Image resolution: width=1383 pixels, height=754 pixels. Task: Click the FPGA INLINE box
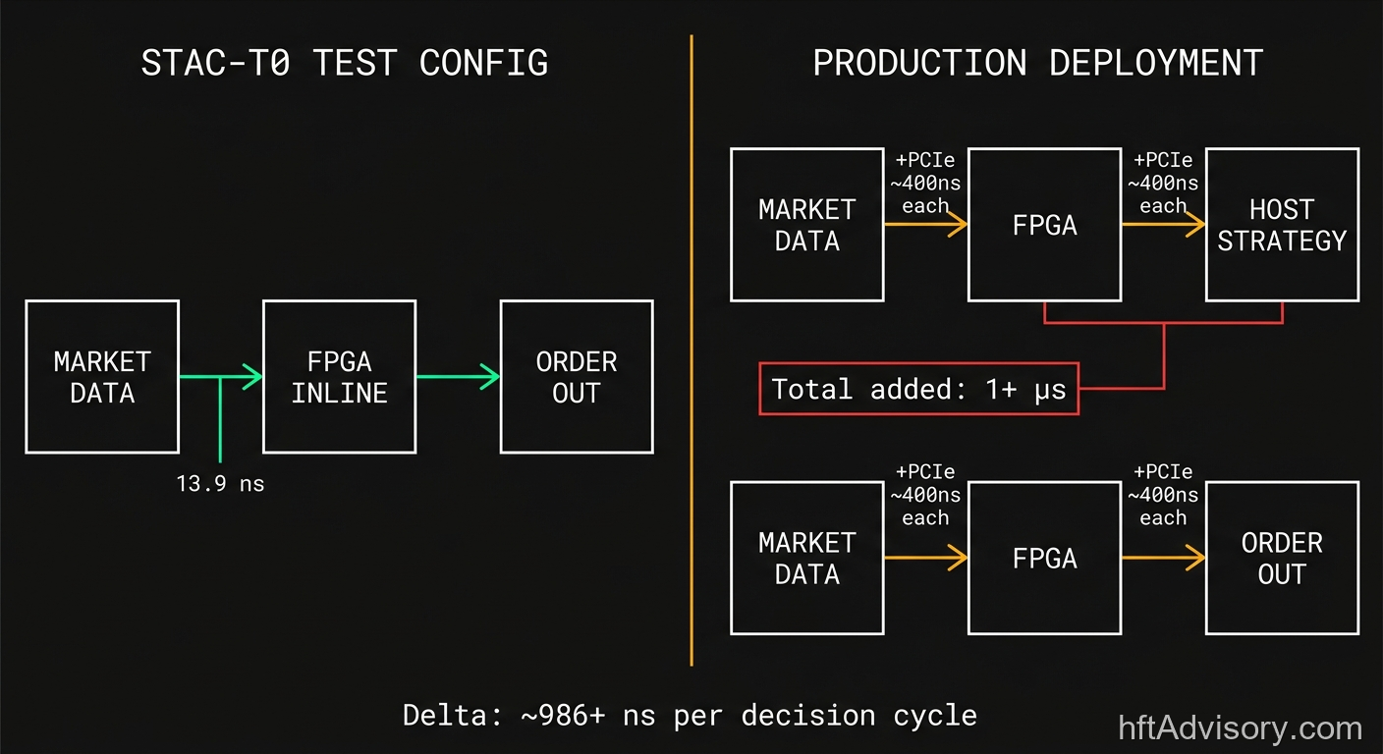339,377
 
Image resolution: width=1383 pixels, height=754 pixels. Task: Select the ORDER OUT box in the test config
577,377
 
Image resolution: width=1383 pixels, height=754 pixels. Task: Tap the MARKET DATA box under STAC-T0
102,377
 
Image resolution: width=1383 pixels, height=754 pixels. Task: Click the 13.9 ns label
220,483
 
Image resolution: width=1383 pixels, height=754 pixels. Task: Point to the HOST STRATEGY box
1282,225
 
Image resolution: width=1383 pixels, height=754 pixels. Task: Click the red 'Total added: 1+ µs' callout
918,389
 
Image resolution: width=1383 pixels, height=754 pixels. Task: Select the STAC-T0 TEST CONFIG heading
345,63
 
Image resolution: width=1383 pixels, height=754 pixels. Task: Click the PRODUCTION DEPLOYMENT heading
1037,63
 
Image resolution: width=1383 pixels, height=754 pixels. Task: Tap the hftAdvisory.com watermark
1241,728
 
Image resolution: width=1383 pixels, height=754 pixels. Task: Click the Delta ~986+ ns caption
690,715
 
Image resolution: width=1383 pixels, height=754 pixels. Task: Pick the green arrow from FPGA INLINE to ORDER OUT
458,376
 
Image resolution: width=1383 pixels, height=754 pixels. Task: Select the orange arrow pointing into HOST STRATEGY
1163,225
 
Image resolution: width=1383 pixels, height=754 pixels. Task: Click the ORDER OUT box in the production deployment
1282,558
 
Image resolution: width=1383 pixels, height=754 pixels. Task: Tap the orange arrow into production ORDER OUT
1163,558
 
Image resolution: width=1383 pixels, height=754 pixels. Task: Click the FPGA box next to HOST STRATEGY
1044,225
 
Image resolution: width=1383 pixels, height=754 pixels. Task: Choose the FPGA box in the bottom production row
1044,558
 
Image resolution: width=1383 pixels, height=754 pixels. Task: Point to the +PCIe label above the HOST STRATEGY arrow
1163,160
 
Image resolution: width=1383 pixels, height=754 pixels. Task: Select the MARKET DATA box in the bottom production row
807,558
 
